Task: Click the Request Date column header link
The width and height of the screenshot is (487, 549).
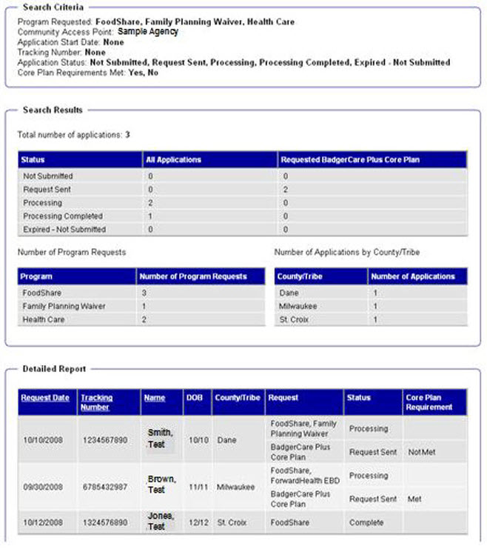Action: (x=45, y=398)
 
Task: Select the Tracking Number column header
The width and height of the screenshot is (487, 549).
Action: (x=96, y=402)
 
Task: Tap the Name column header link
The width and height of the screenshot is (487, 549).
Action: (x=154, y=398)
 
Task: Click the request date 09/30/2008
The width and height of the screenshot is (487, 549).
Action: (x=43, y=487)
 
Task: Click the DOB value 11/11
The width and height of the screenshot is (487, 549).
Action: (x=196, y=487)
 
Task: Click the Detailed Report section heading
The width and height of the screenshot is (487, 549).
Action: (x=54, y=368)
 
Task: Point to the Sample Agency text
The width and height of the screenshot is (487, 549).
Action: (x=148, y=32)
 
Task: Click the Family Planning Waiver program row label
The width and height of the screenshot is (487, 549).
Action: (x=64, y=306)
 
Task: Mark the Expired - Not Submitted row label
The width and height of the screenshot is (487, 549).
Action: (x=64, y=230)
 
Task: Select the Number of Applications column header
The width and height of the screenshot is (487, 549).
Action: (x=412, y=276)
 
